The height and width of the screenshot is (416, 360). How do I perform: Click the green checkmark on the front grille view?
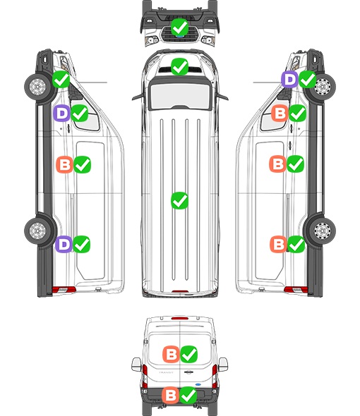[179, 27]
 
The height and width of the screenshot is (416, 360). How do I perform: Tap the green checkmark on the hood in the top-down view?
[179, 66]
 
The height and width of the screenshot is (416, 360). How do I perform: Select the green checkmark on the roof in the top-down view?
[179, 200]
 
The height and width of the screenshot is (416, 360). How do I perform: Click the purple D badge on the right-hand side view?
[289, 79]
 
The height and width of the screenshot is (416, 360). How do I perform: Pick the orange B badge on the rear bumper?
[170, 395]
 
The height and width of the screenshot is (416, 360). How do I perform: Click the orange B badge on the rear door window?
[171, 354]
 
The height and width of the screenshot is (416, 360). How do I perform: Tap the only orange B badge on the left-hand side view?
[64, 164]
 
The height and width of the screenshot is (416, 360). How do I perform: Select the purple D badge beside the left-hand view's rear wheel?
[64, 244]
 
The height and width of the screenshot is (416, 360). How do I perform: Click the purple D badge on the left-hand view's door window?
[61, 114]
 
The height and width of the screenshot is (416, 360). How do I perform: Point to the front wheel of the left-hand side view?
[37, 87]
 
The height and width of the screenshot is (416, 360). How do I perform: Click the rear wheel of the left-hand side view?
[37, 231]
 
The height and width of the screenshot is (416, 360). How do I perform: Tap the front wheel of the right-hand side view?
[322, 87]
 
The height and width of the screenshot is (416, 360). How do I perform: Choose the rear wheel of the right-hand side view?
[322, 231]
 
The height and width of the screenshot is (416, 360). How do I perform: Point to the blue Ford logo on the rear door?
[198, 384]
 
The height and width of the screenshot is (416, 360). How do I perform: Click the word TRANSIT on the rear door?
[166, 372]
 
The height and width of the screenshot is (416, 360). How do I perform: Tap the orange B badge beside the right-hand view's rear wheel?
[278, 244]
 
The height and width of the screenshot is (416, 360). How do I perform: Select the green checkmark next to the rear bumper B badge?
[188, 395]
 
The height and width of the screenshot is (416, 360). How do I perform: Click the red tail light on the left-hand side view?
[64, 290]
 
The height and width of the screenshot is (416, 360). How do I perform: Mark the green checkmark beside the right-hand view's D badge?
[308, 79]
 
